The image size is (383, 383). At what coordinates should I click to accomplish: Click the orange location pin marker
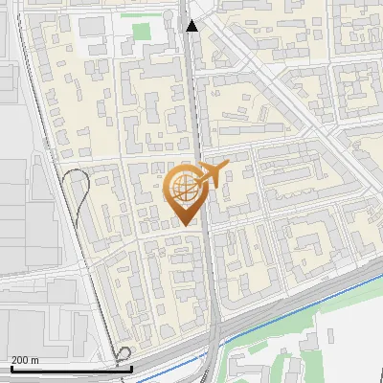pyautogui.click(x=185, y=192)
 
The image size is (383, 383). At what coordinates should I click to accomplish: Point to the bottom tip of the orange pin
pyautogui.click(x=185, y=224)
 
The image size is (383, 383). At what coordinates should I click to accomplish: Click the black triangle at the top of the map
pyautogui.click(x=192, y=26)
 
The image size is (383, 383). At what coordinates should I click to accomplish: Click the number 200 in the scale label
pyautogui.click(x=18, y=360)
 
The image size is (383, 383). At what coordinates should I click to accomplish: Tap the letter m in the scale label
pyautogui.click(x=34, y=360)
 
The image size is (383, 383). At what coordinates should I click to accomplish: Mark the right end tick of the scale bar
pyautogui.click(x=130, y=367)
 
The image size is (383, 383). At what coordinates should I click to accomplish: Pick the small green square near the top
pyautogui.click(x=142, y=32)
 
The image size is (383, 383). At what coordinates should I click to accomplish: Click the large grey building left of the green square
pyautogui.click(x=95, y=26)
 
